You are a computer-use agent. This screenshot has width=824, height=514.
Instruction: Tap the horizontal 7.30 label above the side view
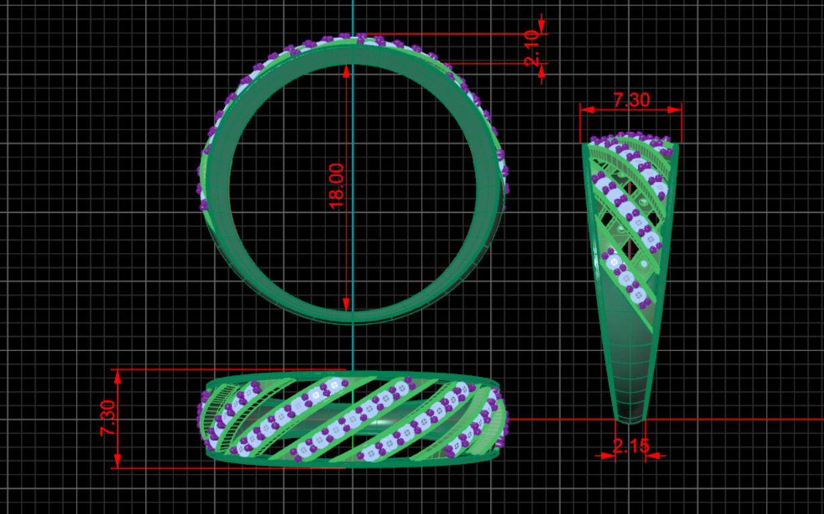[631, 99]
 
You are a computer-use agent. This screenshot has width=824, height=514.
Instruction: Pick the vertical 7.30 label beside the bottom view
[108, 418]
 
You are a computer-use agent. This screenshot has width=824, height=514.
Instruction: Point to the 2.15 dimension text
[631, 445]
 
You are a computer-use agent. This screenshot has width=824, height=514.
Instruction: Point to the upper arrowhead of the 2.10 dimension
[541, 26]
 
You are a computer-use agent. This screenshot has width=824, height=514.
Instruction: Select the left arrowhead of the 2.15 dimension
[608, 456]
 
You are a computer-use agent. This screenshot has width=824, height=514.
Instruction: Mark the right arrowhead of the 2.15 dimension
[653, 456]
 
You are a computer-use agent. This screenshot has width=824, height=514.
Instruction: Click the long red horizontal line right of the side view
[739, 419]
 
